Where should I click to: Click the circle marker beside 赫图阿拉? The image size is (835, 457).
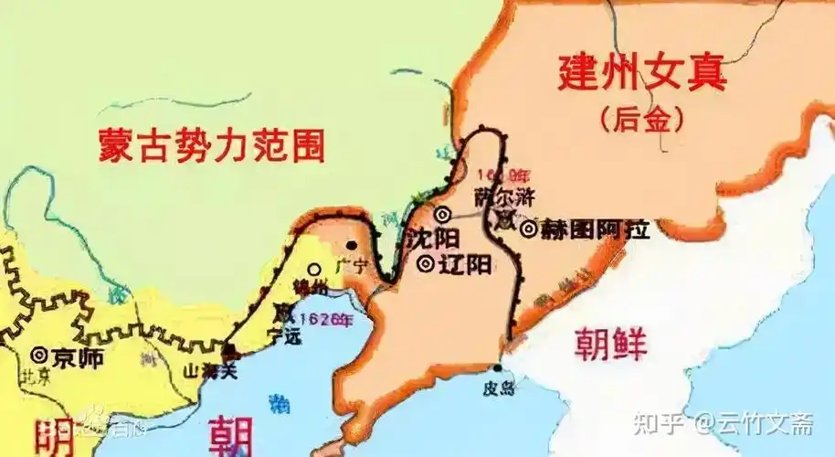click(528, 228)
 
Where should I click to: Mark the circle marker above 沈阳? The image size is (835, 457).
click(442, 215)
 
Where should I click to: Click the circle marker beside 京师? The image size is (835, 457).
click(39, 355)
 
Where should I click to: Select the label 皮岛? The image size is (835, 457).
click(499, 388)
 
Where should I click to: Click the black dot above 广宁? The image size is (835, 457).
click(353, 246)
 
